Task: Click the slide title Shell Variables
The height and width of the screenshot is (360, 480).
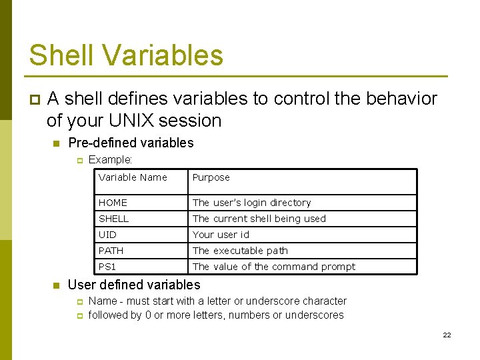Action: (x=126, y=55)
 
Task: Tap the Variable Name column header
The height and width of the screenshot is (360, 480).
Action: (x=133, y=177)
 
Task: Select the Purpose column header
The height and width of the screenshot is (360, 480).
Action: (x=211, y=177)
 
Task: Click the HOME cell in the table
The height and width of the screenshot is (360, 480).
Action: (x=113, y=203)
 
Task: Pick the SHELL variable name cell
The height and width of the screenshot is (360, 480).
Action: (x=113, y=219)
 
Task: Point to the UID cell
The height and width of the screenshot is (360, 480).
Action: (x=107, y=235)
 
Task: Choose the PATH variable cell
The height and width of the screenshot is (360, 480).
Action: (x=111, y=251)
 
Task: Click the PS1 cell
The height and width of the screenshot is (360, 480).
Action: (x=107, y=267)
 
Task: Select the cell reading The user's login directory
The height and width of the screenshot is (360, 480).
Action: (x=251, y=203)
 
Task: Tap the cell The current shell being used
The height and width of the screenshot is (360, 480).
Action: (x=259, y=219)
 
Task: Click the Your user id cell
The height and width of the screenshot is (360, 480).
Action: (x=221, y=235)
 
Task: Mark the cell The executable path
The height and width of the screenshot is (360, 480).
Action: (x=240, y=251)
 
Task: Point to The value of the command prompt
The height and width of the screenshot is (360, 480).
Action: (x=273, y=267)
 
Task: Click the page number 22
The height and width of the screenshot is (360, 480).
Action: (x=447, y=335)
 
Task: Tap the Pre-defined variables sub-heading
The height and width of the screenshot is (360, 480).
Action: (x=131, y=143)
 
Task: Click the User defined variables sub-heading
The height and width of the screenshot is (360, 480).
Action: (x=134, y=285)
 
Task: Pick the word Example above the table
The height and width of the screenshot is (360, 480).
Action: (x=110, y=160)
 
